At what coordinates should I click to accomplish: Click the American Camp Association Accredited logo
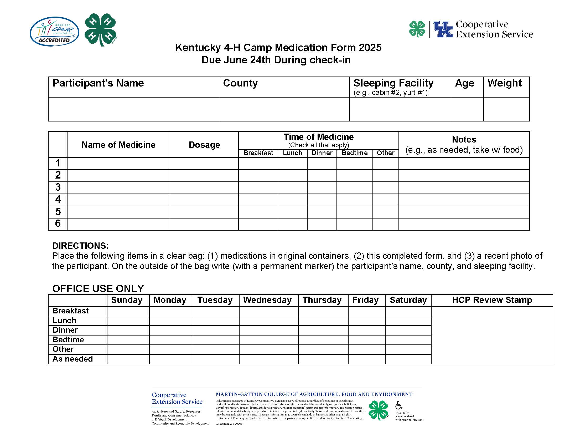point(54,32)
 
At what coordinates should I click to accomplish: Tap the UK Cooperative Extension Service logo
point(471,29)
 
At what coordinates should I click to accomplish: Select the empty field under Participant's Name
point(133,109)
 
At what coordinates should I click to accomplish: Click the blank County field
point(284,109)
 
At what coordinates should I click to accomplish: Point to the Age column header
point(464,83)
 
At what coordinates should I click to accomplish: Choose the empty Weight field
point(506,109)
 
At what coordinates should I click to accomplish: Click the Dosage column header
point(204,145)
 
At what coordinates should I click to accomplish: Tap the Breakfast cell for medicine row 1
point(258,163)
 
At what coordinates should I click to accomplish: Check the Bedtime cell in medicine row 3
point(354,188)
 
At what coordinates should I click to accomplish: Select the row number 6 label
point(58,224)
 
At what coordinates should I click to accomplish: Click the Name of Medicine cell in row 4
point(118,200)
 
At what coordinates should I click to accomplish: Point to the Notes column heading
point(464,139)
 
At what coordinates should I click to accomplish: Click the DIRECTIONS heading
point(80,246)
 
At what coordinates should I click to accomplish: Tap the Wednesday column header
point(267,300)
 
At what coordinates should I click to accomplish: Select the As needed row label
point(73,359)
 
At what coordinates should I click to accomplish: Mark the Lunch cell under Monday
point(171,321)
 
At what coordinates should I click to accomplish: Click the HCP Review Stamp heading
point(492,300)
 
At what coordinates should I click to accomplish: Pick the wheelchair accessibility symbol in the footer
point(399,405)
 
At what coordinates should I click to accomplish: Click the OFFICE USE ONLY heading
point(98,289)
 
